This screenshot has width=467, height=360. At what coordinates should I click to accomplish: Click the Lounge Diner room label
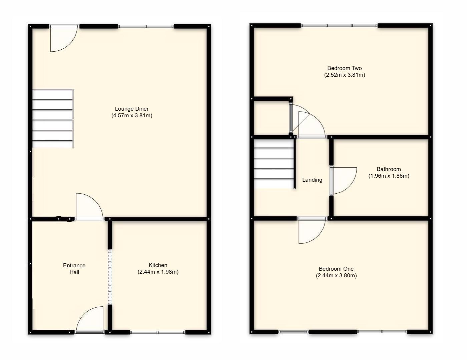[132, 109]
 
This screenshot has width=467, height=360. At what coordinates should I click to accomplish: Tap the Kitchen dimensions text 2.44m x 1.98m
[158, 272]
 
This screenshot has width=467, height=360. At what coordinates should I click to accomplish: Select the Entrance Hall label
[74, 269]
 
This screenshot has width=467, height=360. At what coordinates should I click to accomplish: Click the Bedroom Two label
[344, 68]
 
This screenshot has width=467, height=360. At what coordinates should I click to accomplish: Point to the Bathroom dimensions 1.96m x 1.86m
[389, 176]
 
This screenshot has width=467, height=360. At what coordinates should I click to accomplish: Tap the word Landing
[312, 180]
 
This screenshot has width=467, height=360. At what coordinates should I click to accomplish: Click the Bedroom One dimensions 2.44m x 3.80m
[336, 276]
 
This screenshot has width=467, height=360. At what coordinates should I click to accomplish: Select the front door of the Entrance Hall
[90, 320]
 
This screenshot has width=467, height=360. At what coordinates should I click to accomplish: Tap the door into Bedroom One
[312, 230]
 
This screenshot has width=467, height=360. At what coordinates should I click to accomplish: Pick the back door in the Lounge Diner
[63, 38]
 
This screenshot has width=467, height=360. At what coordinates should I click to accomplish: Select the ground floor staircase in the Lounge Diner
[53, 118]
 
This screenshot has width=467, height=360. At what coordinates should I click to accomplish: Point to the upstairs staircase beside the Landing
[274, 164]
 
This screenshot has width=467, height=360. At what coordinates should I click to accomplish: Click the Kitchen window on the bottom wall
[157, 332]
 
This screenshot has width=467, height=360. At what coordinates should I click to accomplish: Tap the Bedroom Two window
[339, 25]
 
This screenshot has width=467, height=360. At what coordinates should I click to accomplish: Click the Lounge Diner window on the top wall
[145, 26]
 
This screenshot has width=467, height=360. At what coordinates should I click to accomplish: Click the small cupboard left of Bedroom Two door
[271, 117]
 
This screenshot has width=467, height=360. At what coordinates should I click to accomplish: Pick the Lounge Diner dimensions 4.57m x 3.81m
[132, 116]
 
